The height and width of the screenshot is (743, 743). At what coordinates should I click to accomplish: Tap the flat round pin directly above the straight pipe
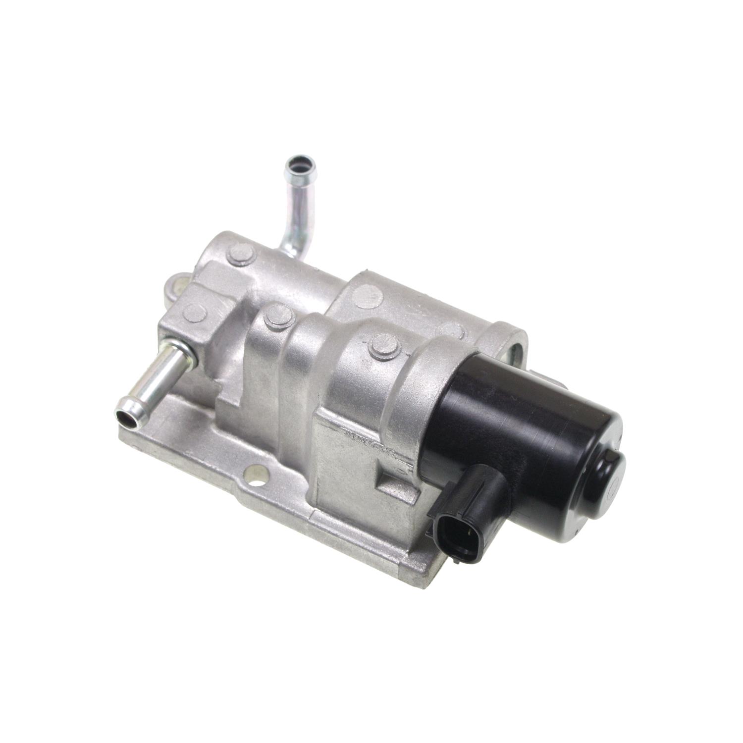click(194, 313)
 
